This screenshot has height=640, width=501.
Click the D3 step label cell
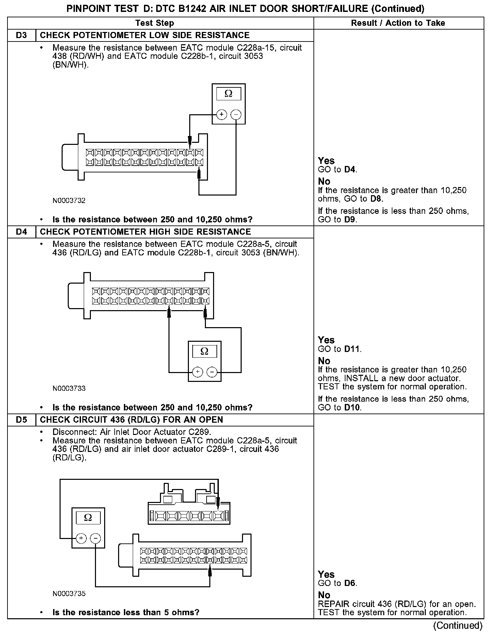(x=21, y=35)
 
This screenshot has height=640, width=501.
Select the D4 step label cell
(x=21, y=232)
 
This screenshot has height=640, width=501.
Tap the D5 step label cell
(x=21, y=420)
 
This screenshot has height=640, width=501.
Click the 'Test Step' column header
(x=155, y=23)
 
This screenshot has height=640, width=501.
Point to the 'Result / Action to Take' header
(x=398, y=23)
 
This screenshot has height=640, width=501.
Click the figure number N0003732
(x=69, y=201)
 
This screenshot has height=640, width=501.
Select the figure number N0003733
(x=69, y=388)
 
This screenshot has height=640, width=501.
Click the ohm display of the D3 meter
(x=228, y=94)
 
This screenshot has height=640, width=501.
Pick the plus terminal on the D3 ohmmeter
(x=222, y=115)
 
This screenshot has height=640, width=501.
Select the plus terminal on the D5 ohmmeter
(x=81, y=538)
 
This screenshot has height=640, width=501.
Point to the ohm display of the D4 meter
(x=205, y=351)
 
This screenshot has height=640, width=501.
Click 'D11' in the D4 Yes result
(x=352, y=349)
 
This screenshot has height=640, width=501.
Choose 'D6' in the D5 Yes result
(x=350, y=583)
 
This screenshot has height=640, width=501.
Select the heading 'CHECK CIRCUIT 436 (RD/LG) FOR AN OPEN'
(x=131, y=420)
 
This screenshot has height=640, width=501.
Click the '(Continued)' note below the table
(x=458, y=625)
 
